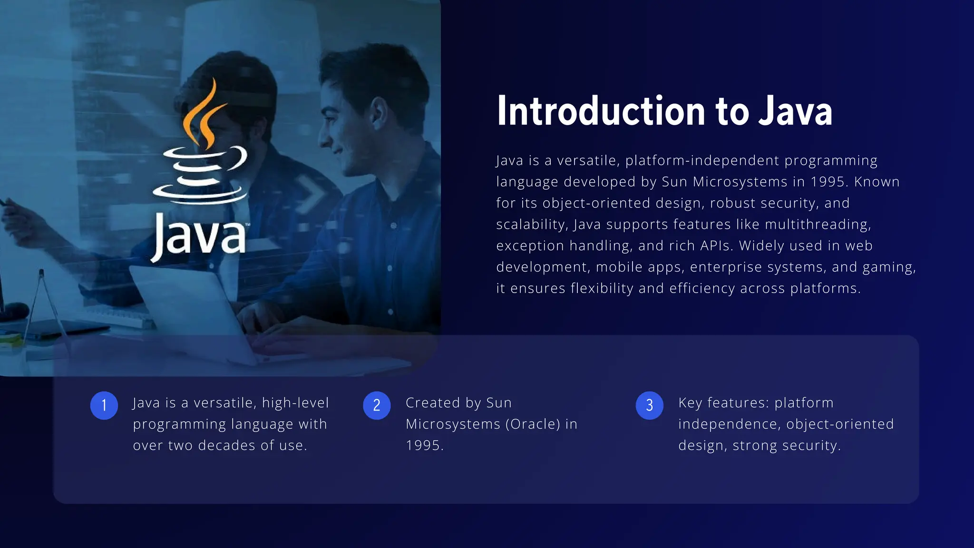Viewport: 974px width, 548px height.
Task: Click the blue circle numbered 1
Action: coord(104,405)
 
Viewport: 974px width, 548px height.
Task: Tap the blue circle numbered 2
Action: coord(377,405)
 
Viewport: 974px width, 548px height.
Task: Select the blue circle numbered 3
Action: coord(649,405)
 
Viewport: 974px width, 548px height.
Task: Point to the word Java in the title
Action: coord(795,111)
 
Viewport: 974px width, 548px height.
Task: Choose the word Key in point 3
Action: coord(690,403)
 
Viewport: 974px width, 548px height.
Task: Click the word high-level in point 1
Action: coord(295,403)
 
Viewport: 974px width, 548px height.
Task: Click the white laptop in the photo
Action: coord(190,309)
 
